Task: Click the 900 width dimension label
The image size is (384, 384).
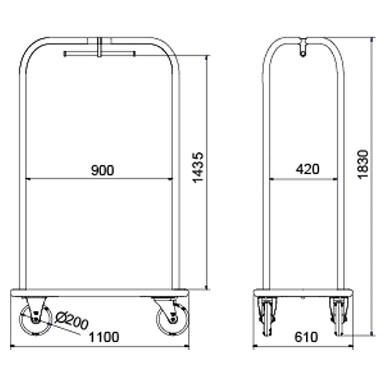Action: point(103,170)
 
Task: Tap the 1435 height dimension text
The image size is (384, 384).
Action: point(198,168)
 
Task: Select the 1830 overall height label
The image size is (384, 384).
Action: point(363,164)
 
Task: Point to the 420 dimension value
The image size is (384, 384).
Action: point(308,169)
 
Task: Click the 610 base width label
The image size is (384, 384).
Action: point(306,337)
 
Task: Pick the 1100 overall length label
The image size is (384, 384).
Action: point(104,337)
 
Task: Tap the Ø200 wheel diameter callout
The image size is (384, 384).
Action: point(71,320)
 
